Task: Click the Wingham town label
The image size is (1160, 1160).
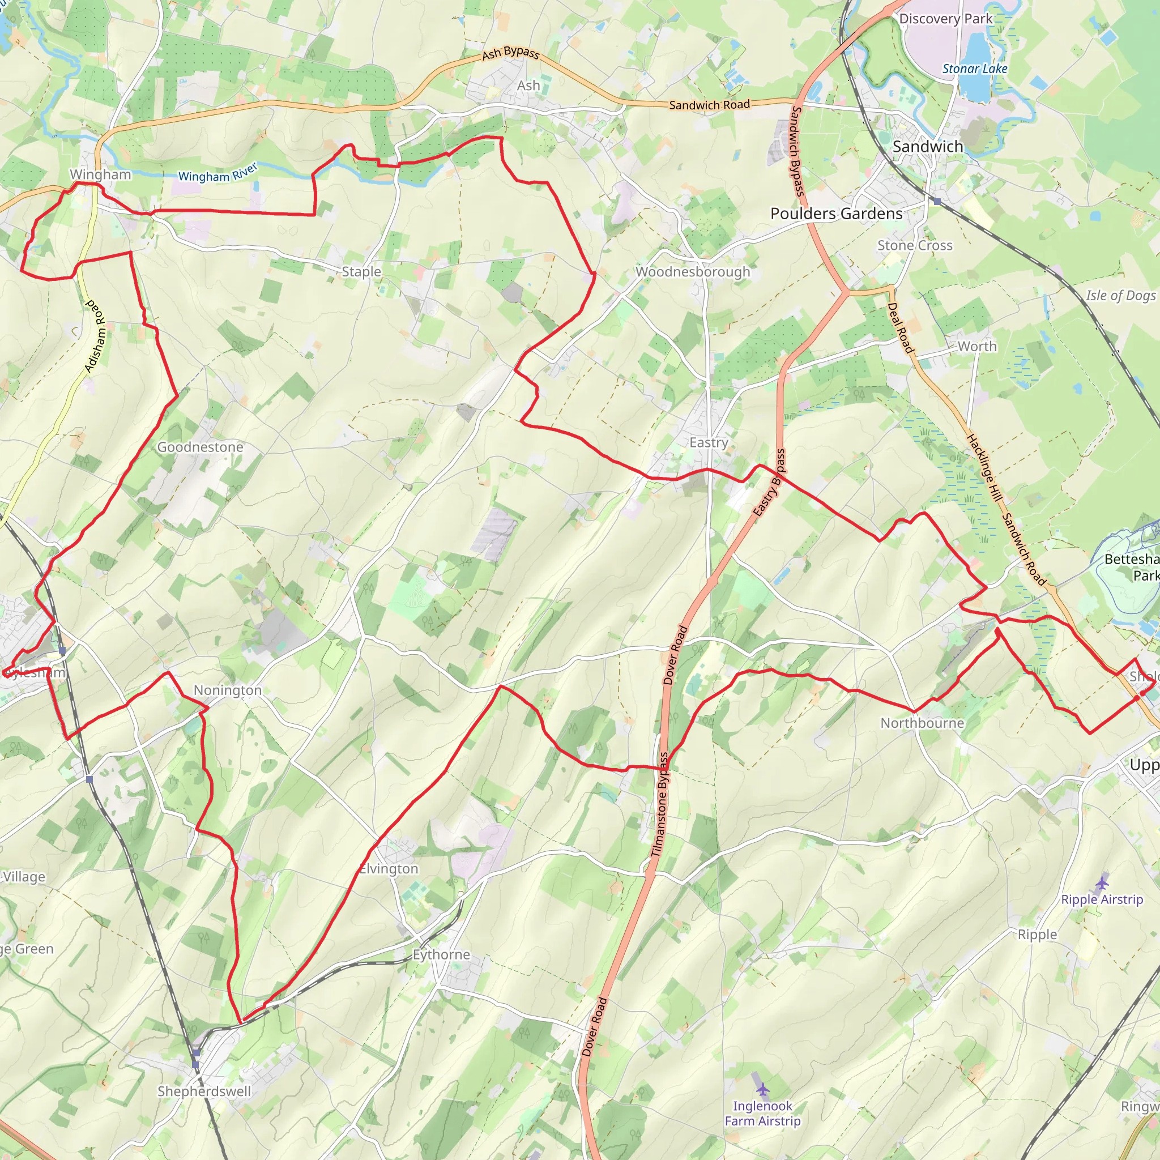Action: tap(100, 174)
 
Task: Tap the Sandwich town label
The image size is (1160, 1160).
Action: tap(928, 147)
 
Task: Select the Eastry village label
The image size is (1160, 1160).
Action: tap(709, 442)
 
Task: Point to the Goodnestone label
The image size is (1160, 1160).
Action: tap(200, 447)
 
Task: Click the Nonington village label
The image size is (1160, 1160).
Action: tap(227, 690)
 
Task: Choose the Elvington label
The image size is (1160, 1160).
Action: tap(389, 869)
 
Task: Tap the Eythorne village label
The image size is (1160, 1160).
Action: tap(441, 954)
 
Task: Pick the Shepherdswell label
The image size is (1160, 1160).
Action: tap(204, 1091)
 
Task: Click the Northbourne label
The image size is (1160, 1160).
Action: tap(922, 723)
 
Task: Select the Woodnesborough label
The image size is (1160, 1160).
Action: tap(693, 272)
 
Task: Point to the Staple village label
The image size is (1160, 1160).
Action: tap(361, 272)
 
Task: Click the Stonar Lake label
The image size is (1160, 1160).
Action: tap(974, 69)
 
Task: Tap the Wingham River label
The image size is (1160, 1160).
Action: tap(218, 173)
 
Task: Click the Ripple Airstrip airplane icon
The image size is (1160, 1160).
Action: tap(1102, 883)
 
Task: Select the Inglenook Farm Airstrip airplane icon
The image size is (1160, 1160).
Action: tap(762, 1089)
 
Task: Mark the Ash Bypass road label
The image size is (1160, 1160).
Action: tap(510, 53)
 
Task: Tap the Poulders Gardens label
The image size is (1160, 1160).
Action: tap(836, 214)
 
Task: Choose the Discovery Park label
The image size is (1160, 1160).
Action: tap(946, 19)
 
